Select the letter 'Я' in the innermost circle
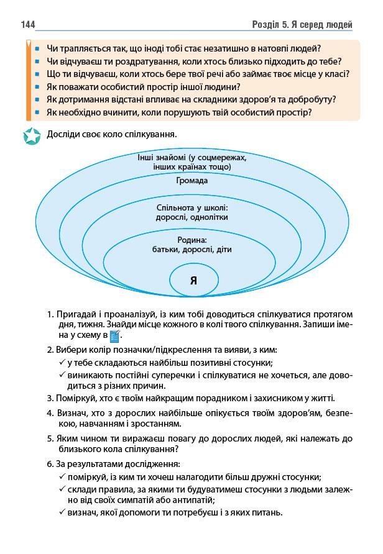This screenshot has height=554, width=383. (x=193, y=279)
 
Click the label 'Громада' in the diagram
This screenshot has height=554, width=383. (x=191, y=181)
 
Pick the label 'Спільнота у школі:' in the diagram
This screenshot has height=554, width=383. (x=191, y=207)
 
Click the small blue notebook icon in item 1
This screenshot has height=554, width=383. (x=114, y=336)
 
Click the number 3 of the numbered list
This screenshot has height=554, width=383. (x=49, y=397)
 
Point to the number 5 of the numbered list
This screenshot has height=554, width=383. (x=49, y=437)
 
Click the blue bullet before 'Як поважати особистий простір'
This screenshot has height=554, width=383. (x=38, y=86)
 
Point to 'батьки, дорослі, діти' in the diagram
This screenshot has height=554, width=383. (x=191, y=250)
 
